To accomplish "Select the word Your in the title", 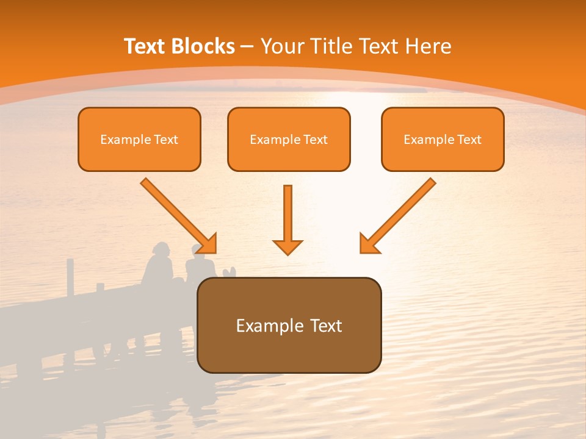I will (x=284, y=46).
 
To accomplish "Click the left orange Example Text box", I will (x=139, y=139).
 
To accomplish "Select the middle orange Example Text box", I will (x=289, y=139).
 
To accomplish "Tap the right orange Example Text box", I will (x=443, y=139).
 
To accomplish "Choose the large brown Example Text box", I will (x=289, y=325).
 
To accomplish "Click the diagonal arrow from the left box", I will (x=178, y=215).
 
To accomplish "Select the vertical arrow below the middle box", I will (x=288, y=216).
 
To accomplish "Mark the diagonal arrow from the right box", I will (x=399, y=215).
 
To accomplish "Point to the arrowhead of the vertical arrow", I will (x=288, y=246).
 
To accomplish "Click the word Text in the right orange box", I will (x=469, y=140).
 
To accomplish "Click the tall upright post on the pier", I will (x=70, y=277).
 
